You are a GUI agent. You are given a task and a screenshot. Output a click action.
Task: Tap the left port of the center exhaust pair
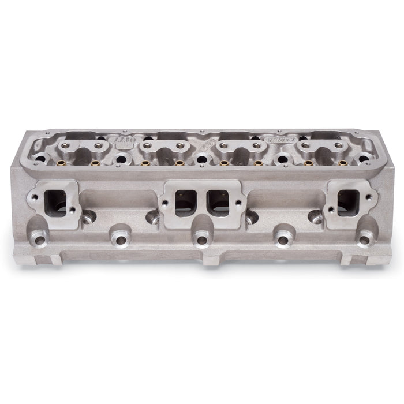pos(185,202)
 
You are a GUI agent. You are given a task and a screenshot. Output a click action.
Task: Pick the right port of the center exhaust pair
pos(218,202)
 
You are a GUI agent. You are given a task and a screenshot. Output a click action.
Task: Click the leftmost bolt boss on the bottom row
pos(39,236)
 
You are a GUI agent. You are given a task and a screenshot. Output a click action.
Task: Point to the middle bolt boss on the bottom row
pos(201,238)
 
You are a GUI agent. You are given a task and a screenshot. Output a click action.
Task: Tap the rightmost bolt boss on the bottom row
pos(365,237)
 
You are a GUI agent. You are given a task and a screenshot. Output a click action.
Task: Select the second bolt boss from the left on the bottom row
pos(120,238)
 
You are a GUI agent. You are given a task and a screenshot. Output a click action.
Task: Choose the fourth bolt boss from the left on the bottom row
pos(283,238)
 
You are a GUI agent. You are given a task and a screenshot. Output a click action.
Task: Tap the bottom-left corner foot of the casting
pos(49,259)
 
